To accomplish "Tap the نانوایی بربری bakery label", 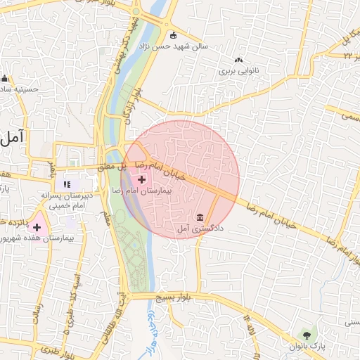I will click(238, 71).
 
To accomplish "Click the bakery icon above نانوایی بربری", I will click(238, 60).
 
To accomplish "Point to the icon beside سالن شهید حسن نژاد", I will click(173, 35).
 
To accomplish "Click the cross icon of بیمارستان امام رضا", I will click(142, 180).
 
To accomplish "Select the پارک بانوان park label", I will click(307, 345).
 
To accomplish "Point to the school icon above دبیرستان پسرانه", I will click(68, 184).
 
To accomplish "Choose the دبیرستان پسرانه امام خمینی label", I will click(67, 200).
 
